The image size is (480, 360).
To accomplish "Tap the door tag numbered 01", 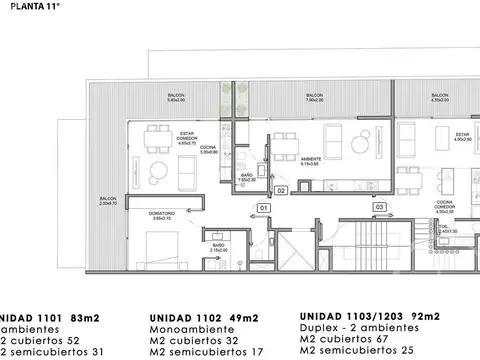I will (263, 207).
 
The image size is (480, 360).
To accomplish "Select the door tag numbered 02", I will (281, 188).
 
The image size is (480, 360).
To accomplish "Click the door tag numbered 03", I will (380, 207).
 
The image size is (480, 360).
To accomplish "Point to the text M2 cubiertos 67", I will (345, 339).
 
